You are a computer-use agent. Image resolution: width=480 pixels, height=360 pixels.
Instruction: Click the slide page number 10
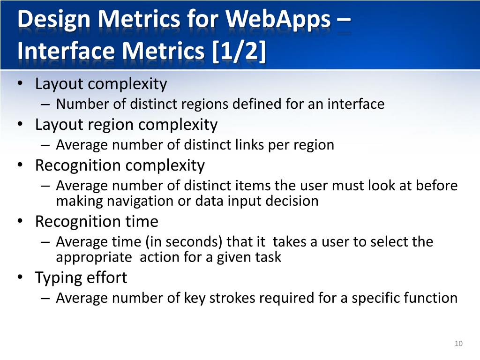[458, 344]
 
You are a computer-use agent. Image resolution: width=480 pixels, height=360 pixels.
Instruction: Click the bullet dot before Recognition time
[20, 221]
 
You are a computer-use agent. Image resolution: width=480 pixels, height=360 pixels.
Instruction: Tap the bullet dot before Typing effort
[20, 277]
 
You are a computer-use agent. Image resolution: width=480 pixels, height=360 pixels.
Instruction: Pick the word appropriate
[94, 257]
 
